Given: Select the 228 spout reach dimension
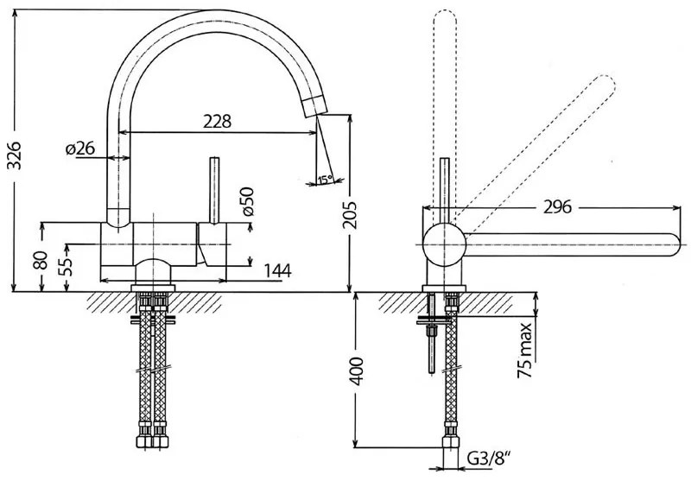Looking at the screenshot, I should (217, 122).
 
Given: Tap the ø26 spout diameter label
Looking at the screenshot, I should (80, 149).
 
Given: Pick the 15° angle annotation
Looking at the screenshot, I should (324, 180).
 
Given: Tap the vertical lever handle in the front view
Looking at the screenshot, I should (212, 190).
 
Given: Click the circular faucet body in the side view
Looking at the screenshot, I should (444, 245).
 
